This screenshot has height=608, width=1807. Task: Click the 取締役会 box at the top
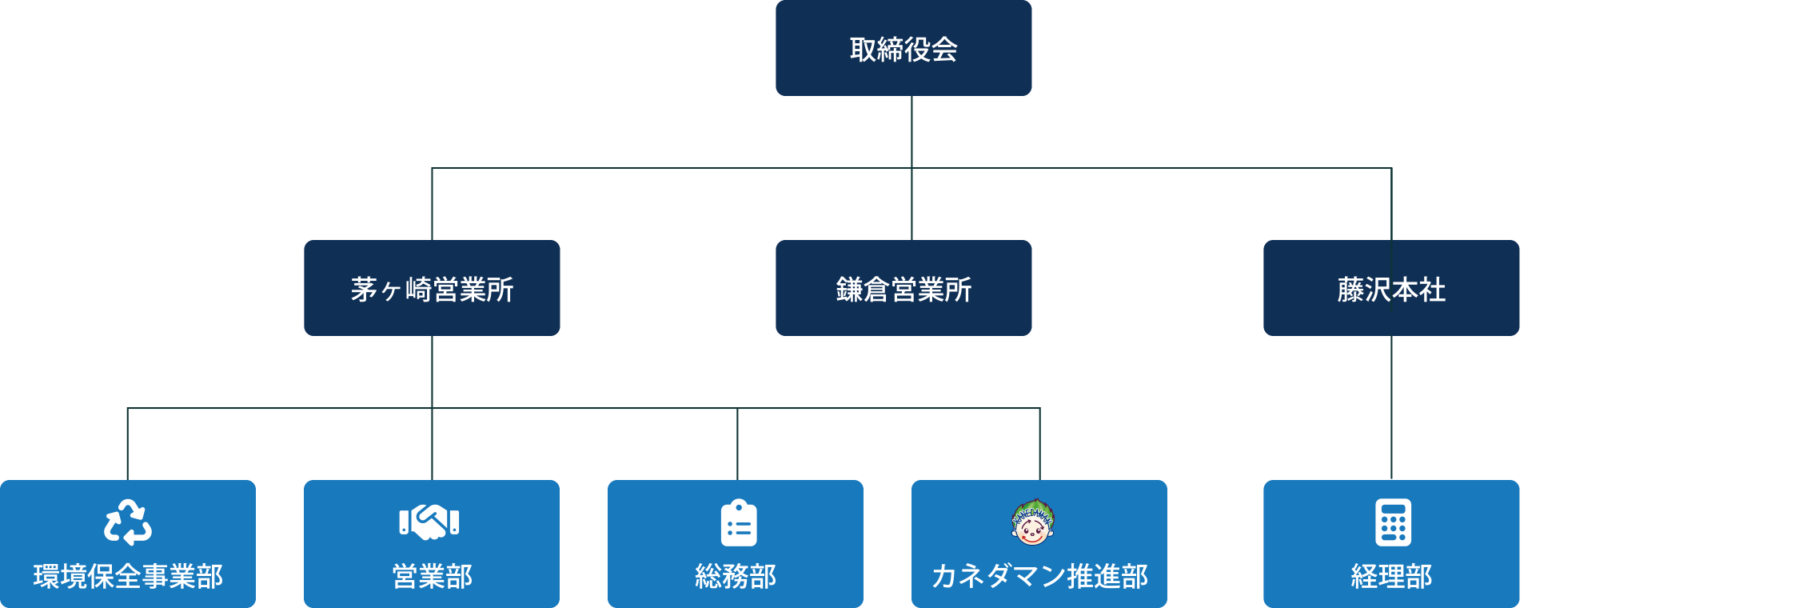[904, 48]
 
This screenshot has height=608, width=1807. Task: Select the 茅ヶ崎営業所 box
[432, 288]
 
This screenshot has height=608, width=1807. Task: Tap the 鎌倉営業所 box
[904, 288]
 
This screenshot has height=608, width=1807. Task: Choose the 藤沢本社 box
[1391, 288]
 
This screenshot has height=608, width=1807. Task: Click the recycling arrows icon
[128, 522]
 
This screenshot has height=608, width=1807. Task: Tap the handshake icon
[429, 522]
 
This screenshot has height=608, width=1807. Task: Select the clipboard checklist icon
[739, 523]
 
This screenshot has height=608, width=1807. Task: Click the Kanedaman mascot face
[1033, 522]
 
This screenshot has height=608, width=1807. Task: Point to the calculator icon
[1393, 522]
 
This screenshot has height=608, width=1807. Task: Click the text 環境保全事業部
[128, 576]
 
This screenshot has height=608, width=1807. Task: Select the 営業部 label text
[432, 576]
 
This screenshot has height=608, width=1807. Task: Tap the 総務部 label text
[736, 576]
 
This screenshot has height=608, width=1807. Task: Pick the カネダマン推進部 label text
[1039, 576]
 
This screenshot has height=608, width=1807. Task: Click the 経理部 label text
[1391, 576]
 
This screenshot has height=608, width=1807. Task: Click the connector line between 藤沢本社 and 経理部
[1391, 408]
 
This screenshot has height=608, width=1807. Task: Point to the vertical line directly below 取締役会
[911, 132]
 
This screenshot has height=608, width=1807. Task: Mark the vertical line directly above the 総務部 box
[737, 444]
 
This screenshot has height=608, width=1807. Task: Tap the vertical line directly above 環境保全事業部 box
[128, 444]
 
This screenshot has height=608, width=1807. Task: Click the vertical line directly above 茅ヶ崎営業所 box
[432, 204]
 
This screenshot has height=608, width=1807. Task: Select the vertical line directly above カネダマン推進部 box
[1039, 444]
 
